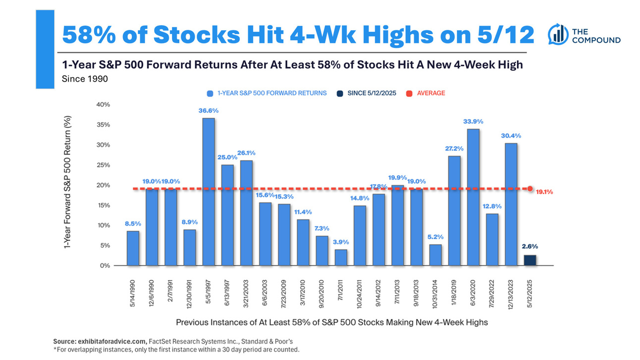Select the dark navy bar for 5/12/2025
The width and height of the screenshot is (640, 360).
(530, 260)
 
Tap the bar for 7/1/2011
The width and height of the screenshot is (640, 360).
(340, 257)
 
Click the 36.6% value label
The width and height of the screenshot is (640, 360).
(209, 111)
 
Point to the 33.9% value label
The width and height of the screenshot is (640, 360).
(473, 121)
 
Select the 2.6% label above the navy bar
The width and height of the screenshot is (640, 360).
(530, 246)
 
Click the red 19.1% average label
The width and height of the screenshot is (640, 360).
(545, 191)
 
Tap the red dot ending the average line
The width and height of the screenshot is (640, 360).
(530, 189)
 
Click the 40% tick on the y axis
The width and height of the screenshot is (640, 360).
(103, 104)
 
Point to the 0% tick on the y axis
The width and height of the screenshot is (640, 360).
(105, 265)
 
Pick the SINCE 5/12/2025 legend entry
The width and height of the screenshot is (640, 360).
(369, 93)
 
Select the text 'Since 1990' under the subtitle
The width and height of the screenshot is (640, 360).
(84, 78)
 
